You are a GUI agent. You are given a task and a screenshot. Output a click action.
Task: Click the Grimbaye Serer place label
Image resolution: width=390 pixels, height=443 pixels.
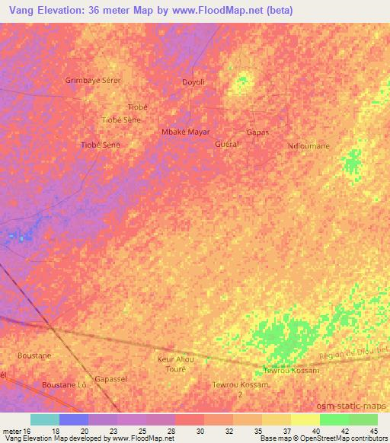coord(93,80)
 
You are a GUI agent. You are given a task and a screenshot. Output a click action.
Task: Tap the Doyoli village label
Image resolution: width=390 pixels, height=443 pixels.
coord(193,82)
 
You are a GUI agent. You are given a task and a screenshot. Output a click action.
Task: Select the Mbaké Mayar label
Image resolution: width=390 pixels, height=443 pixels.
coord(185,132)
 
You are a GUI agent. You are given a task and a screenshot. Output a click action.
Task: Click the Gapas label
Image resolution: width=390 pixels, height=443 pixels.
coord(257,132)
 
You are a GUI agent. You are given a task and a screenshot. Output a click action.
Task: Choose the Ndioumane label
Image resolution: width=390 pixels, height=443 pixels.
coord(308,145)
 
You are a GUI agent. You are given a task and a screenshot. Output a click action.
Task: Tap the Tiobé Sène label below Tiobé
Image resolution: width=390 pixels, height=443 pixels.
coord(121,120)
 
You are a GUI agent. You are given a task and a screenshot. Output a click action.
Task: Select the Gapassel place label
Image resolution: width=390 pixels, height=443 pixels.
coord(110,378)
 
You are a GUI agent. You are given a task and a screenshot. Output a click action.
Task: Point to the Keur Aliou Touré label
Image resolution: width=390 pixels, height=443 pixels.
coord(175,363)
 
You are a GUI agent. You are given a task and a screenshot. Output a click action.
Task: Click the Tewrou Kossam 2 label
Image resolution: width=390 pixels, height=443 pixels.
coord(241,390)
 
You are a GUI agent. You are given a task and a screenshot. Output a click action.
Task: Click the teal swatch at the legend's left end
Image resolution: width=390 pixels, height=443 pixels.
coord(44,419)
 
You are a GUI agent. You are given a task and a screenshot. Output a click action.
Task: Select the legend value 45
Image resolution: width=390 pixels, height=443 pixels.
coord(374,431)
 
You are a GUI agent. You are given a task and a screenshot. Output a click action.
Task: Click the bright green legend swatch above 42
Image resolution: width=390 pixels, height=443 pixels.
coord(334,419)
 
